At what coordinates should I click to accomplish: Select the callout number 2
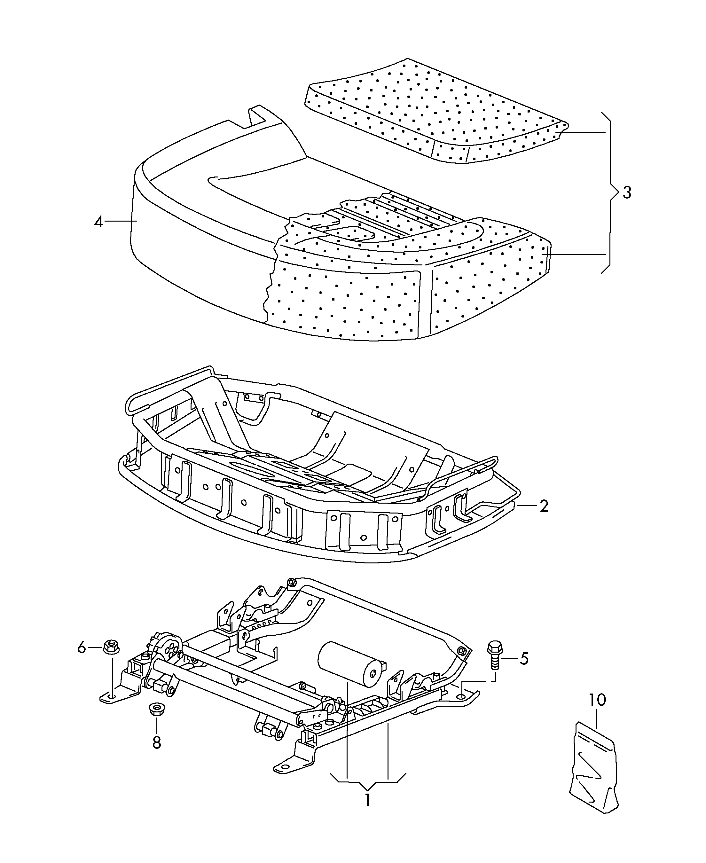click(544, 506)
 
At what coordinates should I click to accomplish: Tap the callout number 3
click(627, 192)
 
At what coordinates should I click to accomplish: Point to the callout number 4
click(98, 222)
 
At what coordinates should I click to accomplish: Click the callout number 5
click(524, 659)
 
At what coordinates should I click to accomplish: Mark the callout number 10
click(597, 700)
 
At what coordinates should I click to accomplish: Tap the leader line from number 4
click(120, 221)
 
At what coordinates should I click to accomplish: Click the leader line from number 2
click(526, 506)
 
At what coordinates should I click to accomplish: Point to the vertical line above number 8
click(157, 726)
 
